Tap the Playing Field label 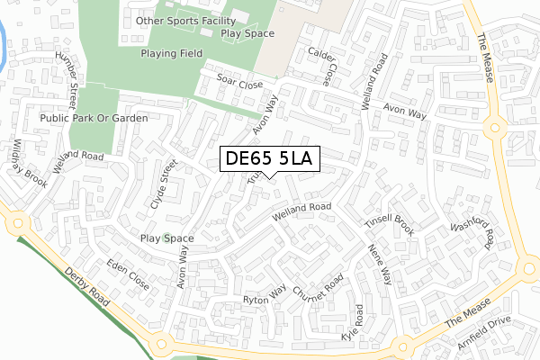[171, 53]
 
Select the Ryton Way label [264, 294]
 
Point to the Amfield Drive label [483, 334]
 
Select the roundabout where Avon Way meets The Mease [494, 126]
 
